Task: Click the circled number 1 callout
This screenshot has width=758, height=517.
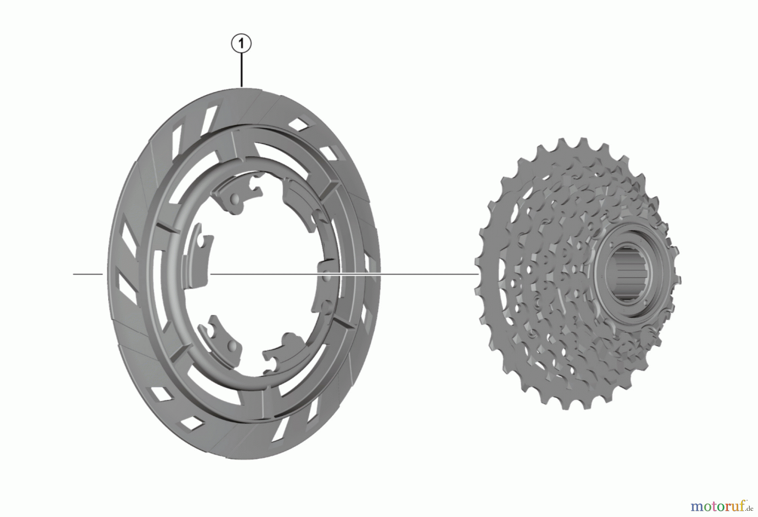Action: [x=241, y=44]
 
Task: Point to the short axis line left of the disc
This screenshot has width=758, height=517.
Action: [x=88, y=274]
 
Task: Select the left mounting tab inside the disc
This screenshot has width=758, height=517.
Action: [x=197, y=257]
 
